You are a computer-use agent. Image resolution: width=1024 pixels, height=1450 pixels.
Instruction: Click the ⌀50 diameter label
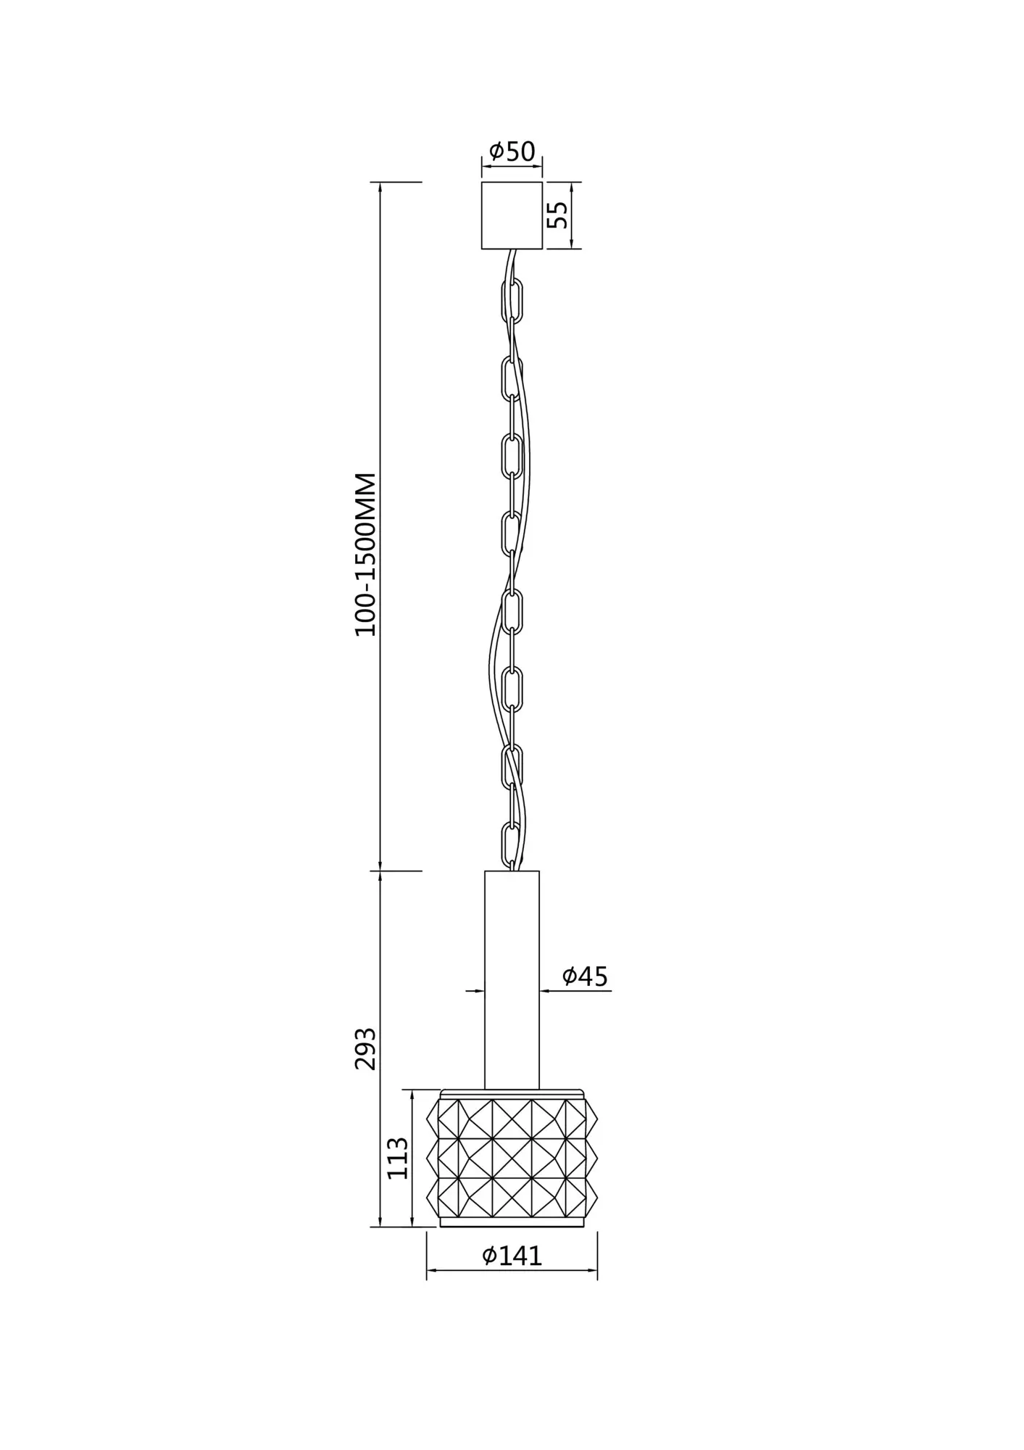[512, 152]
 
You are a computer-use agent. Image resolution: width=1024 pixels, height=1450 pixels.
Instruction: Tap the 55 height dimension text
[557, 215]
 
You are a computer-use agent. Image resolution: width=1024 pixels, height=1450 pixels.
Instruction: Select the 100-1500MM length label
[366, 555]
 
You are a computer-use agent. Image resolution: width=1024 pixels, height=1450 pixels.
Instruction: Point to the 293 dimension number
[366, 1048]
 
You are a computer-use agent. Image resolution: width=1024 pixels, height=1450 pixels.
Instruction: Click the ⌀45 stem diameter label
[586, 977]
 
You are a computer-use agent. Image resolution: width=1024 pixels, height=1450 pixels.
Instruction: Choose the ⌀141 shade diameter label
[512, 1256]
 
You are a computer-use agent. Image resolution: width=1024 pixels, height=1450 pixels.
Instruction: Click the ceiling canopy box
[512, 215]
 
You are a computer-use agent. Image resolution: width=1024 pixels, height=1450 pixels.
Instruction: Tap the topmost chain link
[512, 299]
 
